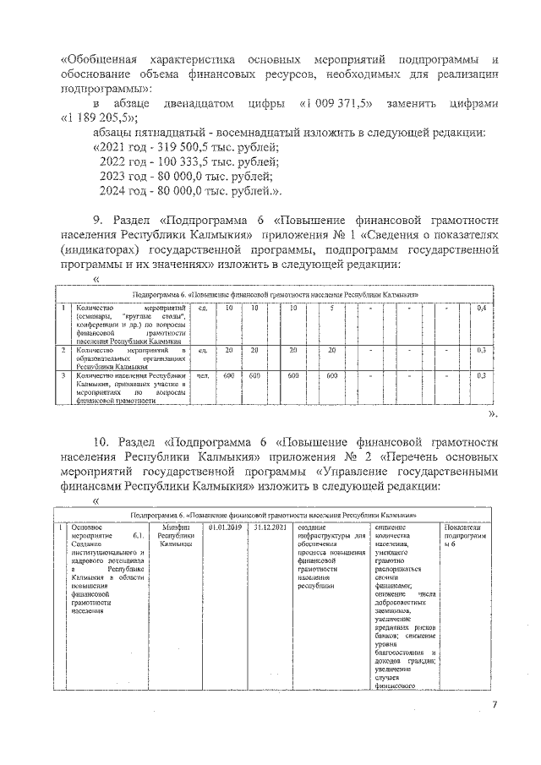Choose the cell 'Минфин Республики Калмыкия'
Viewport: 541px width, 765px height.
click(176, 536)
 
